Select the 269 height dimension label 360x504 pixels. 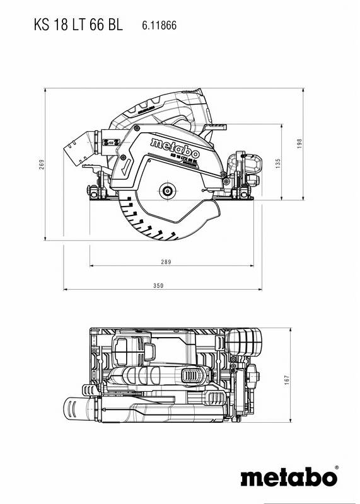(40, 165)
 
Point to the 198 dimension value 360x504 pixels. (301, 144)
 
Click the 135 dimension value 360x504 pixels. (278, 163)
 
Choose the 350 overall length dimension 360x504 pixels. (158, 286)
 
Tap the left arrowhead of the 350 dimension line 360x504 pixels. (66, 290)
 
